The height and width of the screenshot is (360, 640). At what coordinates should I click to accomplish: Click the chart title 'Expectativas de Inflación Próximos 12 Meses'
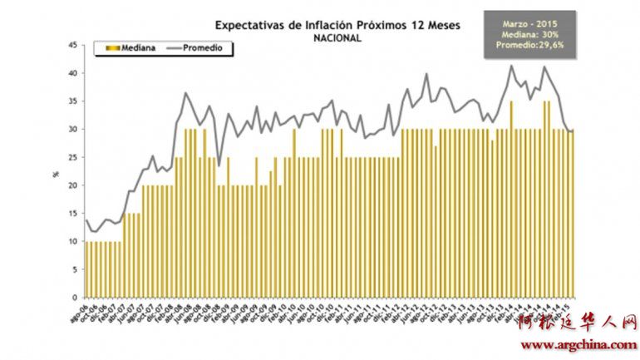coord(337,24)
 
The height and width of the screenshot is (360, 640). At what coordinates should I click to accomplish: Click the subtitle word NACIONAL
coord(337,37)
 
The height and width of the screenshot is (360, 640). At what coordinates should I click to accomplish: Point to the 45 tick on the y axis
coord(73,45)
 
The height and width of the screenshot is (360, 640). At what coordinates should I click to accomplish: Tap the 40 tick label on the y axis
coord(73,73)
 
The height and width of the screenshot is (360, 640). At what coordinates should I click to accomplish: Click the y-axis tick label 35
coord(73,101)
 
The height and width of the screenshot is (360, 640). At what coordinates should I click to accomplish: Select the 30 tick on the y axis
coord(73,130)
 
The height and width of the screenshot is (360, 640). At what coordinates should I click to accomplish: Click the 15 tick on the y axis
coord(73,214)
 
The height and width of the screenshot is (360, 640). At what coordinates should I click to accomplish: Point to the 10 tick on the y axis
coord(73,242)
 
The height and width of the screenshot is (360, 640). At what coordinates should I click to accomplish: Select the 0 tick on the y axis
coord(75,298)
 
